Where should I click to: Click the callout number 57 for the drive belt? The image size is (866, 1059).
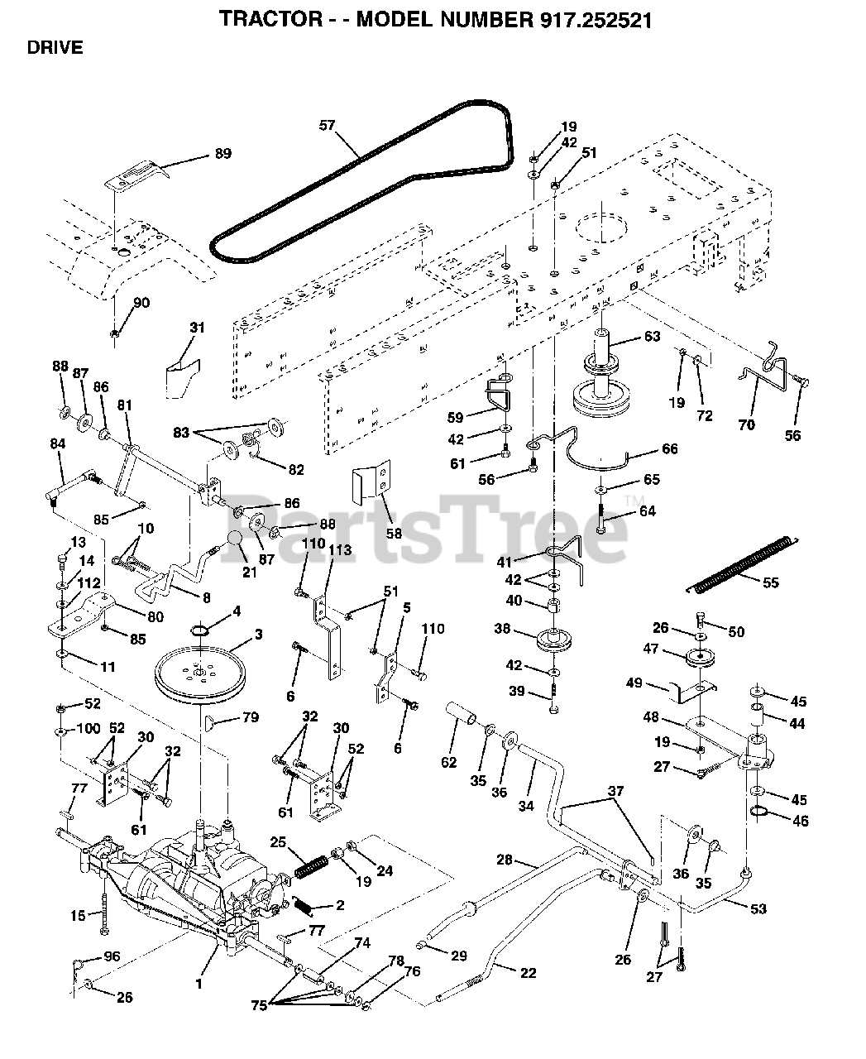click(328, 126)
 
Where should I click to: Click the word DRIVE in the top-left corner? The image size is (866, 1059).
click(55, 48)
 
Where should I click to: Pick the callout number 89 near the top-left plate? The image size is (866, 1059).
click(222, 154)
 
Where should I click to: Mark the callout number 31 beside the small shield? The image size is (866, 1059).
click(196, 328)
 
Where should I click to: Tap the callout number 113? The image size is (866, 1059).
click(340, 550)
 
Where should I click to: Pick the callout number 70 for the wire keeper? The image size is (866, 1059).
click(746, 426)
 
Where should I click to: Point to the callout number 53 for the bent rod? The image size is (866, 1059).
click(757, 908)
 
